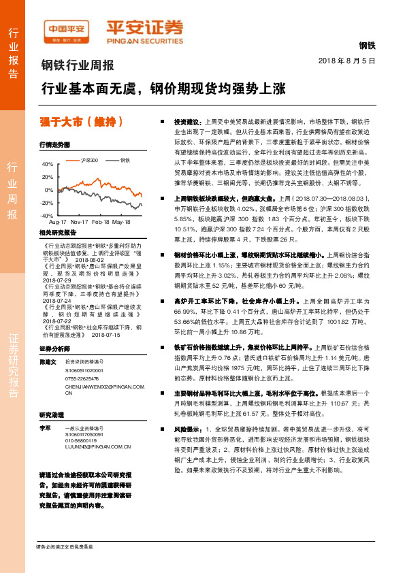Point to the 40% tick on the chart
pyautogui.click(x=48, y=165)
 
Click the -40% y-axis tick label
pyautogui.click(x=47, y=216)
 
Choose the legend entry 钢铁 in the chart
pyautogui.click(x=125, y=160)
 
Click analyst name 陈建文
pyautogui.click(x=47, y=361)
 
